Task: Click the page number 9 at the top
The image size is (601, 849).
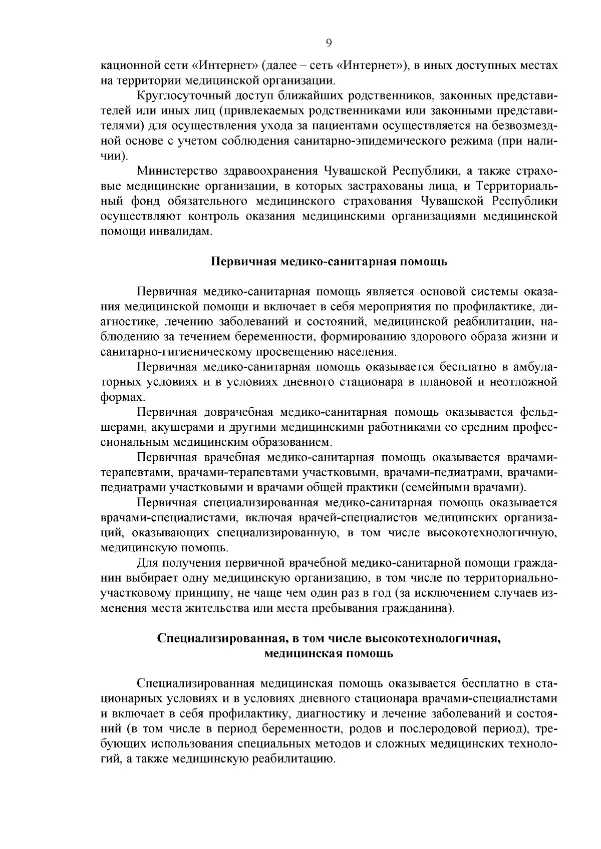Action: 329,43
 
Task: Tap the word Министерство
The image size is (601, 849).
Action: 176,171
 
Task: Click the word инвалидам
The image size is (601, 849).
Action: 184,232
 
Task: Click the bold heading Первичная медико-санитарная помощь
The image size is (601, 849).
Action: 328,262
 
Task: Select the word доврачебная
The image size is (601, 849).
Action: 238,413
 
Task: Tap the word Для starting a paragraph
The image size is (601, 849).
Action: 148,563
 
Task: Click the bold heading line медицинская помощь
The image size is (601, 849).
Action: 329,654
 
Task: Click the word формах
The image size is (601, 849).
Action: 116,398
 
